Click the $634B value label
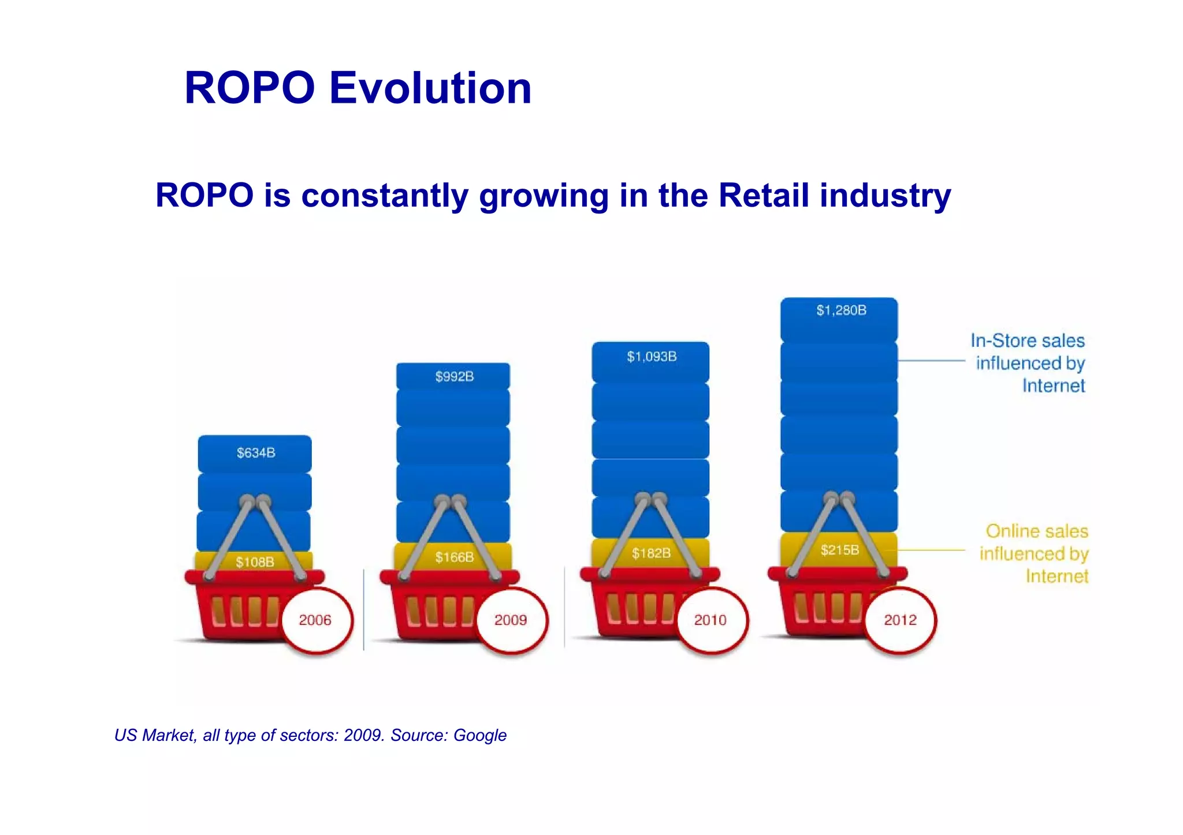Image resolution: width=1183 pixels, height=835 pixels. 256,453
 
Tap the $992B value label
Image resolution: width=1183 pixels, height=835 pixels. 455,377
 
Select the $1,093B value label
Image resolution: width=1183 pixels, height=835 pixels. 652,357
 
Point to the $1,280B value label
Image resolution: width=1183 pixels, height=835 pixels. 841,310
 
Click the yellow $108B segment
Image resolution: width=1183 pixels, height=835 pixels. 255,562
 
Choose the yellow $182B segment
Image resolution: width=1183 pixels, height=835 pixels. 651,553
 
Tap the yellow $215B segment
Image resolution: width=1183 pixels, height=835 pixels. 840,550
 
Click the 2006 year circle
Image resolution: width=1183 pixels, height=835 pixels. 315,620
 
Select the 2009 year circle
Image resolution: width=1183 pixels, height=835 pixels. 511,620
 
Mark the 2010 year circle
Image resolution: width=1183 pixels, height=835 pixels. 710,620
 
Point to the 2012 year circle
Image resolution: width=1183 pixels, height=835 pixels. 900,620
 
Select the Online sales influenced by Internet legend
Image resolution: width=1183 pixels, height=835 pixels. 1035,553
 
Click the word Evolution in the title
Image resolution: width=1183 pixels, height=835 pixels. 430,88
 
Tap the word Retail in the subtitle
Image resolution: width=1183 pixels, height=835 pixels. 763,195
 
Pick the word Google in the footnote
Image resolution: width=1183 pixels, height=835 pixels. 479,735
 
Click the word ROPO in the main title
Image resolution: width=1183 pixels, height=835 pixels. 250,88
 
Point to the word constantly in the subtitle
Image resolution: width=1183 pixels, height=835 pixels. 384,195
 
